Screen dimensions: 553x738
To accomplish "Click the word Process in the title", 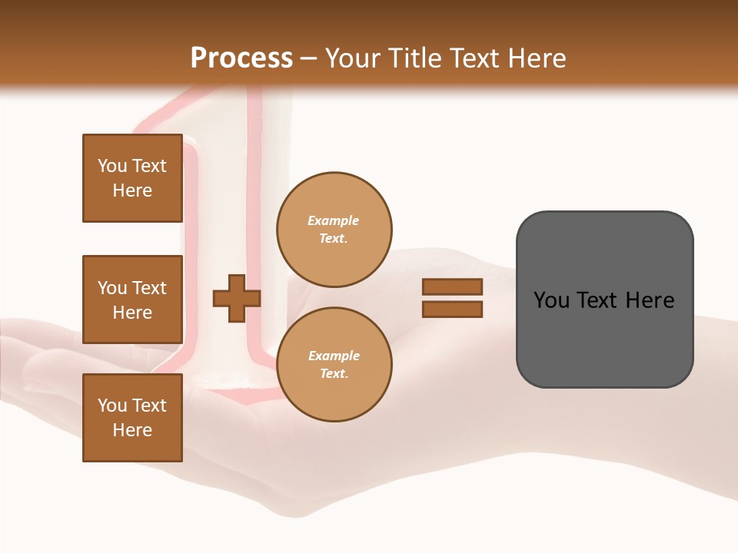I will (241, 58).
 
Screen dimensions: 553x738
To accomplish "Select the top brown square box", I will (132, 178).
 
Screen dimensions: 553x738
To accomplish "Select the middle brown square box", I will (132, 300).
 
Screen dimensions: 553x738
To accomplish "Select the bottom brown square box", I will (132, 418).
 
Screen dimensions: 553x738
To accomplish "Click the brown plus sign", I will (237, 298).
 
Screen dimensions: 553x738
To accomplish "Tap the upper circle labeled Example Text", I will (334, 230).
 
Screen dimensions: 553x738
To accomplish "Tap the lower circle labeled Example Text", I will (334, 365).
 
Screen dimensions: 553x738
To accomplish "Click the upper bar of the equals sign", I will (452, 287).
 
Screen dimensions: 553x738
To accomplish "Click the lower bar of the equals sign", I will (452, 310).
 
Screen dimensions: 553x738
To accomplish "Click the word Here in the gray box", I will (650, 300).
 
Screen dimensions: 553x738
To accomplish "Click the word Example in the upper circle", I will (334, 221).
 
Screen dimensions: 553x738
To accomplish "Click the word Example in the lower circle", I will (334, 356).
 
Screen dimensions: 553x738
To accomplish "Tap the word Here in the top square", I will (132, 190).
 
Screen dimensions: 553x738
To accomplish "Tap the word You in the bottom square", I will (112, 406).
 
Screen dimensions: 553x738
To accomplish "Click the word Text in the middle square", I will (149, 288).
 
